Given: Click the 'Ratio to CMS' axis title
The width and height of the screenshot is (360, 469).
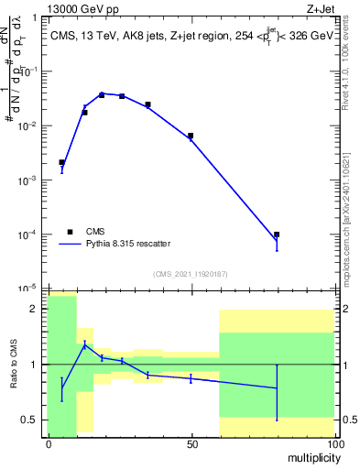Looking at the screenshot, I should pyautogui.click(x=14, y=365).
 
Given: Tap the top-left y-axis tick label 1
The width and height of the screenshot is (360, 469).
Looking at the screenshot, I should pyautogui.click(x=38, y=17).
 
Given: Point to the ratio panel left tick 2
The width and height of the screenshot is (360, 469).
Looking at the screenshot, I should pyautogui.click(x=38, y=310).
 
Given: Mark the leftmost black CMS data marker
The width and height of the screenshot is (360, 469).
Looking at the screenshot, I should pyautogui.click(x=61, y=162).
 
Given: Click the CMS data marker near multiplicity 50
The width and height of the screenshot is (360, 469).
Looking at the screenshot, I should pyautogui.click(x=191, y=136).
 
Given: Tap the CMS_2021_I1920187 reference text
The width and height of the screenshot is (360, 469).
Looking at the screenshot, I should pyautogui.click(x=191, y=273).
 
